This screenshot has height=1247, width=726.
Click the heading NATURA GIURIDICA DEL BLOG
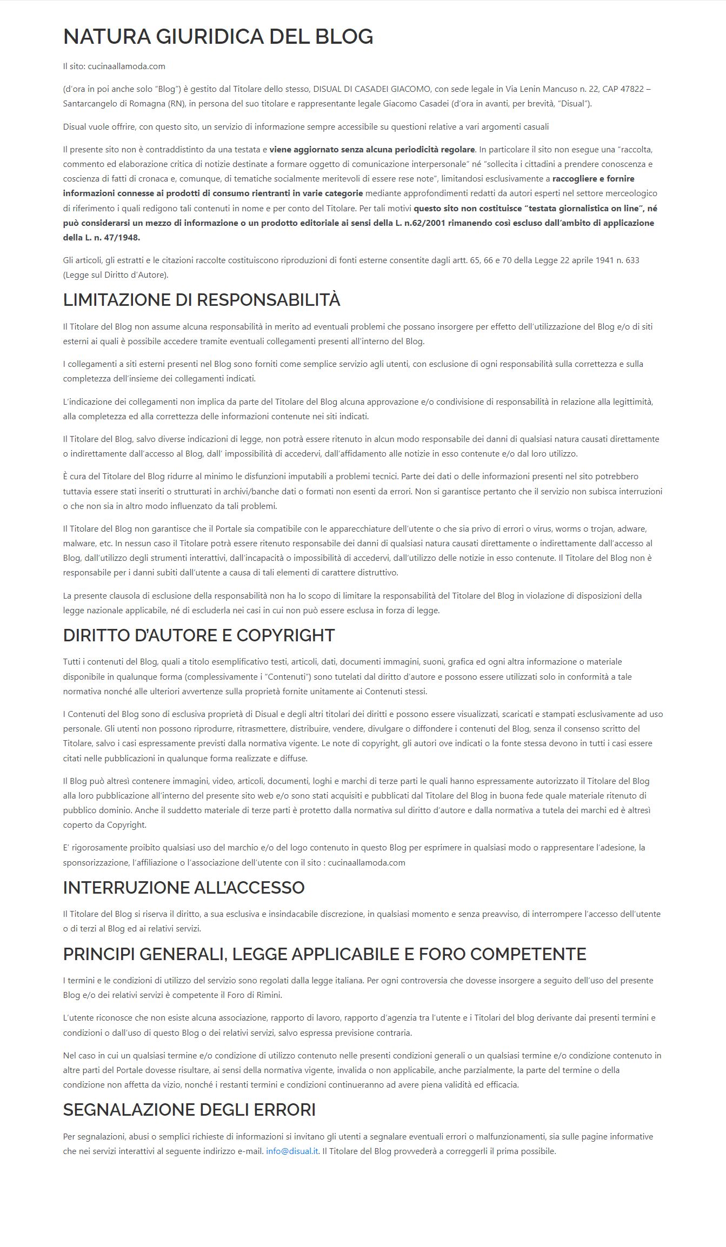pyautogui.click(x=218, y=37)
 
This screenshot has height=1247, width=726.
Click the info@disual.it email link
pyautogui.click(x=292, y=1151)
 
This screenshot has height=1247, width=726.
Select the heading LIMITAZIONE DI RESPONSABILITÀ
pyautogui.click(x=201, y=300)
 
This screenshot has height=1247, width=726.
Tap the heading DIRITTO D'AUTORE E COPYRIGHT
pyautogui.click(x=198, y=635)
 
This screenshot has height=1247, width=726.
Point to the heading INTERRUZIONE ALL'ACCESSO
pyautogui.click(x=183, y=888)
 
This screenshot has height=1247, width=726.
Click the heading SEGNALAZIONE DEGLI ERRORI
pyautogui.click(x=189, y=1110)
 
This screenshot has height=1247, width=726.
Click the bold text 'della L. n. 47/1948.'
pyautogui.click(x=101, y=238)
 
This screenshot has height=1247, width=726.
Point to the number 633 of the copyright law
pyautogui.click(x=631, y=260)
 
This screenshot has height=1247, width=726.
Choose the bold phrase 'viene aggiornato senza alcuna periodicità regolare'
pyautogui.click(x=372, y=149)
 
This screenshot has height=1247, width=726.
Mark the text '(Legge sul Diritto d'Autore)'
pyautogui.click(x=116, y=275)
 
